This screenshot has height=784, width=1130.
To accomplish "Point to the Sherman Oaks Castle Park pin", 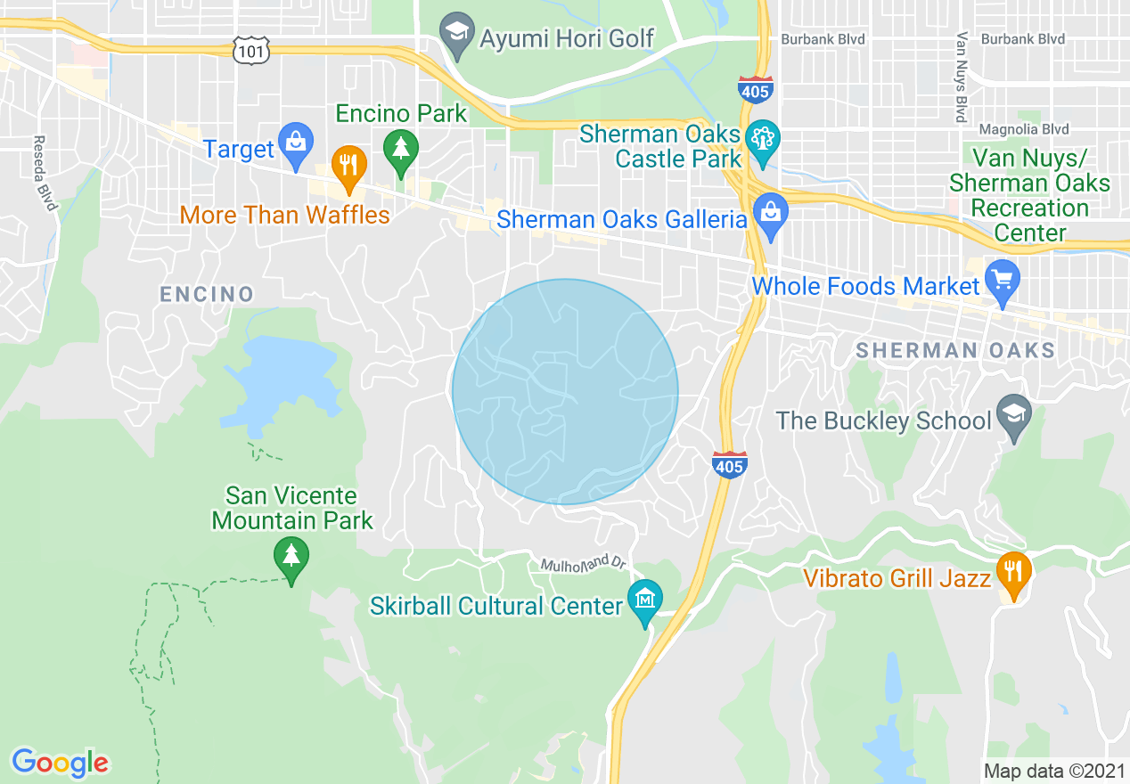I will point(764,139).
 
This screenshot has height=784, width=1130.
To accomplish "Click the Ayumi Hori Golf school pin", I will point(456,33).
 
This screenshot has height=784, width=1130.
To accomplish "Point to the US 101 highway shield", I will point(252,51).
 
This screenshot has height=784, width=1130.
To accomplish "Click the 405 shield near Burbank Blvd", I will point(756,88).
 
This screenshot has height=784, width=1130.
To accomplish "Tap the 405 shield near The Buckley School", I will point(729,464).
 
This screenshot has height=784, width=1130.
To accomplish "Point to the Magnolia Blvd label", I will point(1022,129).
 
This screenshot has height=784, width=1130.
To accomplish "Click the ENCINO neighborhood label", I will point(207,294).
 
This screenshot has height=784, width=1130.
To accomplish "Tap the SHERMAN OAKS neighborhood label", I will point(954,351).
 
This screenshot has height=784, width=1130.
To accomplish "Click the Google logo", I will point(60,762).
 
